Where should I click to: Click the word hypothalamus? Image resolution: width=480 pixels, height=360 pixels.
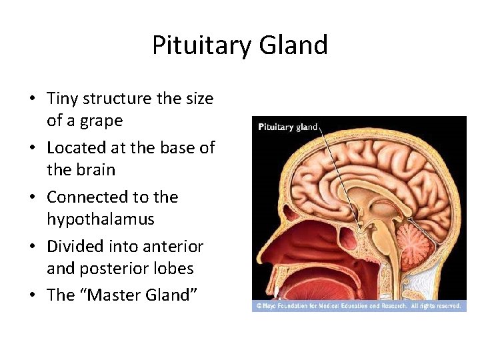click(100, 219)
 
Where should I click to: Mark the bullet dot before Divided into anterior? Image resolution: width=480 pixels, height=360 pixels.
click(32, 247)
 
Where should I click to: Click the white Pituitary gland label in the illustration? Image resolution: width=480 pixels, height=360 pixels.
click(287, 127)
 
